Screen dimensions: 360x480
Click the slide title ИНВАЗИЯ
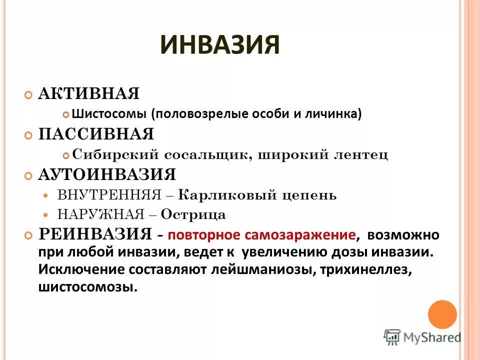pyautogui.click(x=220, y=44)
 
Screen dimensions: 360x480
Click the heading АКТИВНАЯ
pyautogui.click(x=89, y=93)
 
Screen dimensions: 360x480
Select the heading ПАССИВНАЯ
pyautogui.click(x=96, y=134)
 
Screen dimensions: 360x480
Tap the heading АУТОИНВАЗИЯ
pyautogui.click(x=107, y=175)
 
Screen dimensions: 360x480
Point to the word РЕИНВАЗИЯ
pyautogui.click(x=95, y=233)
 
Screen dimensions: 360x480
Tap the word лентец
pyautogui.click(x=364, y=154)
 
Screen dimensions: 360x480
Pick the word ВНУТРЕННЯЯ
pyautogui.click(x=109, y=194)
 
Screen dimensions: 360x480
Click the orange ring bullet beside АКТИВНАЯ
pyautogui.click(x=28, y=94)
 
